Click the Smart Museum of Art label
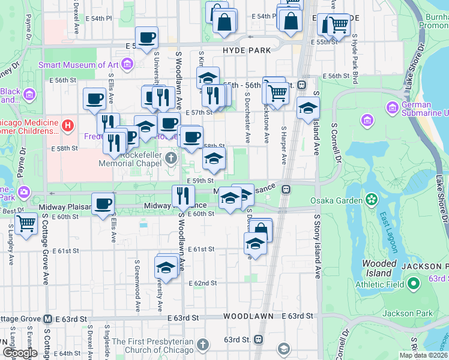coord(79,64)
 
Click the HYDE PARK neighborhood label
coord(246,51)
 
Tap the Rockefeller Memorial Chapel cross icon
coord(172,158)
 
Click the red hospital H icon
coord(68,126)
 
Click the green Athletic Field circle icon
coord(414,283)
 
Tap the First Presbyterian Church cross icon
coord(203,344)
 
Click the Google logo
coord(19,353)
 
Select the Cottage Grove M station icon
coord(47,319)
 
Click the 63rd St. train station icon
coord(259,339)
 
